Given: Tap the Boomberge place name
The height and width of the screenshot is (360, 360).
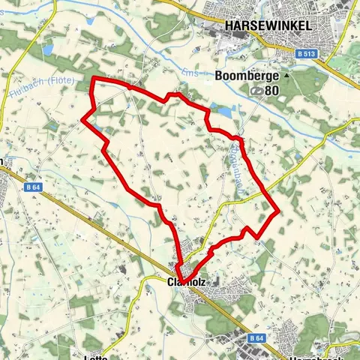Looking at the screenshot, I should [247, 76].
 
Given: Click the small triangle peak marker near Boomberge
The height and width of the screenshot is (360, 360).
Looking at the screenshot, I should [286, 76].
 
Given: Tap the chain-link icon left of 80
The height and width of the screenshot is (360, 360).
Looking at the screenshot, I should [257, 90].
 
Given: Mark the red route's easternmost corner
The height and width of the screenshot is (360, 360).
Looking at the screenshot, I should [279, 211].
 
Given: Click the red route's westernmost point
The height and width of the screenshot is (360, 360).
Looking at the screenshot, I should [82, 117].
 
